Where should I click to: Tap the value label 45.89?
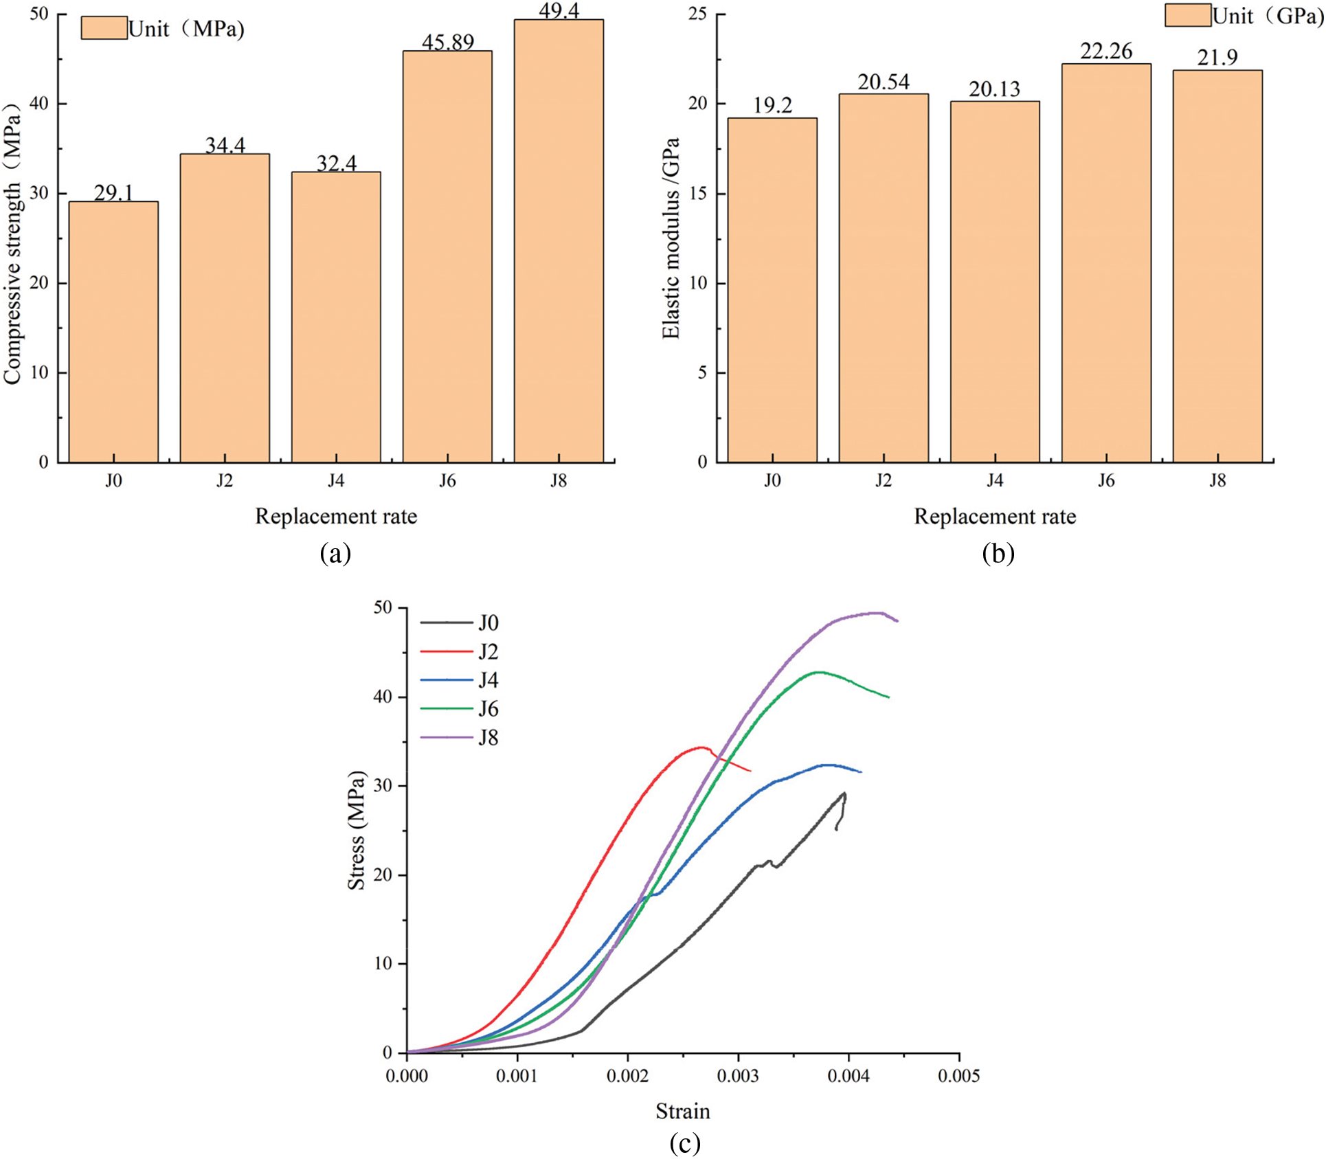(448, 43)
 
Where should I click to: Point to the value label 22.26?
(1106, 52)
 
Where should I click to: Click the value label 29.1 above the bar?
(113, 193)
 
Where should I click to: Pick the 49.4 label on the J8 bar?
(559, 11)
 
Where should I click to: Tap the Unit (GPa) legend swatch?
(1188, 15)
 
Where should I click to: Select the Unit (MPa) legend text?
(186, 29)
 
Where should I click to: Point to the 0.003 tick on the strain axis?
(738, 1075)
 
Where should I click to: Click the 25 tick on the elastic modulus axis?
(698, 14)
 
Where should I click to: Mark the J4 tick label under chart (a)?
(336, 481)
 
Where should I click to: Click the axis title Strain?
(682, 1111)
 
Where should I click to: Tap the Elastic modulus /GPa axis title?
(671, 238)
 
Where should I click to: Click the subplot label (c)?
(684, 1143)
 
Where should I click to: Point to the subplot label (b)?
(998, 553)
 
